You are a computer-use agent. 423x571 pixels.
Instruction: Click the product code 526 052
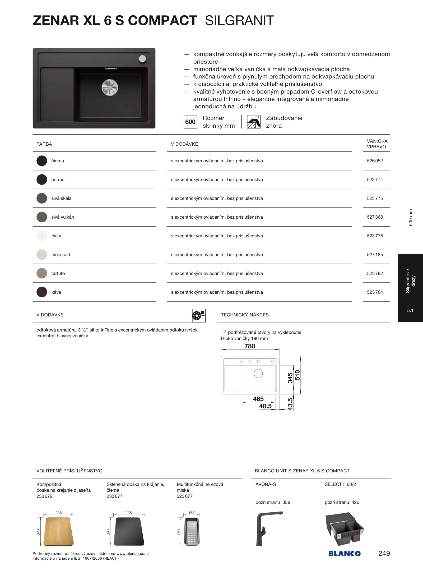[375, 161]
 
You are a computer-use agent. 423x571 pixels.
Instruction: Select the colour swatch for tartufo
[42, 273]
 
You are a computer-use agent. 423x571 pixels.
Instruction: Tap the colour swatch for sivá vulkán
[42, 217]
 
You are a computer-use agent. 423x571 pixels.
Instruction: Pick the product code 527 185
[375, 255]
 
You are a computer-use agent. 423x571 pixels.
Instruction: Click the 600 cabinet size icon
[190, 122]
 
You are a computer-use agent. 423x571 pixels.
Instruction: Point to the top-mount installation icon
[254, 122]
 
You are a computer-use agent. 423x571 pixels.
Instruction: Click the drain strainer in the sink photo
[110, 87]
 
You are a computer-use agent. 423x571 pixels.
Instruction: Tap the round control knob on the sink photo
[142, 59]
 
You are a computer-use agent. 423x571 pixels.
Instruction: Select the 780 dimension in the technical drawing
[250, 346]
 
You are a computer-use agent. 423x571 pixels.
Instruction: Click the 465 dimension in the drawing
[258, 399]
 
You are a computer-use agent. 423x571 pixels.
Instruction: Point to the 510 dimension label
[298, 375]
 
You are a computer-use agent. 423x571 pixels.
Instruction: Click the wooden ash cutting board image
[58, 531]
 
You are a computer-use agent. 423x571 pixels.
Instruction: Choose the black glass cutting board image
[129, 531]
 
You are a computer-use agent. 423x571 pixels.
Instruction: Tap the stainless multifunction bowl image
[192, 531]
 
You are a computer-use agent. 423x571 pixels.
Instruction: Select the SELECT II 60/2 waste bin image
[345, 529]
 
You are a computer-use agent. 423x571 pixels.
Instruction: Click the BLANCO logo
[344, 554]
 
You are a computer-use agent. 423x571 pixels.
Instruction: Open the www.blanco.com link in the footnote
[132, 554]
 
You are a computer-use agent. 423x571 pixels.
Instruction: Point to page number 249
[384, 553]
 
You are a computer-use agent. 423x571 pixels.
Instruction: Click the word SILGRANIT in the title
[239, 21]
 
